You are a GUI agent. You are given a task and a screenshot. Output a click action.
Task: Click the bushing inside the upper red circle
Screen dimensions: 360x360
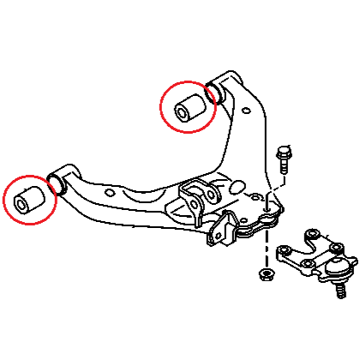[189, 105]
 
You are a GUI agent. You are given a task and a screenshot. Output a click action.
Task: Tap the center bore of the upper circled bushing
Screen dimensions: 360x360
[182, 111]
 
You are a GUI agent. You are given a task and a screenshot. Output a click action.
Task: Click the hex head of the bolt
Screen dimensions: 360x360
[284, 155]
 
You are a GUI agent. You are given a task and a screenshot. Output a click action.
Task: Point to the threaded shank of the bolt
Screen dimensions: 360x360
[284, 172]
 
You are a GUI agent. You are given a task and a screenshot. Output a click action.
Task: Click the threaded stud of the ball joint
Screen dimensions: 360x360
[340, 291]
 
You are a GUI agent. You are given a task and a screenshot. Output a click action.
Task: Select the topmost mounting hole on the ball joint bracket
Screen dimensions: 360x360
[313, 232]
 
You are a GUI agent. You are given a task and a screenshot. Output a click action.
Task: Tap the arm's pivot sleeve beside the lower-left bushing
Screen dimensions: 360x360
[59, 181]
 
